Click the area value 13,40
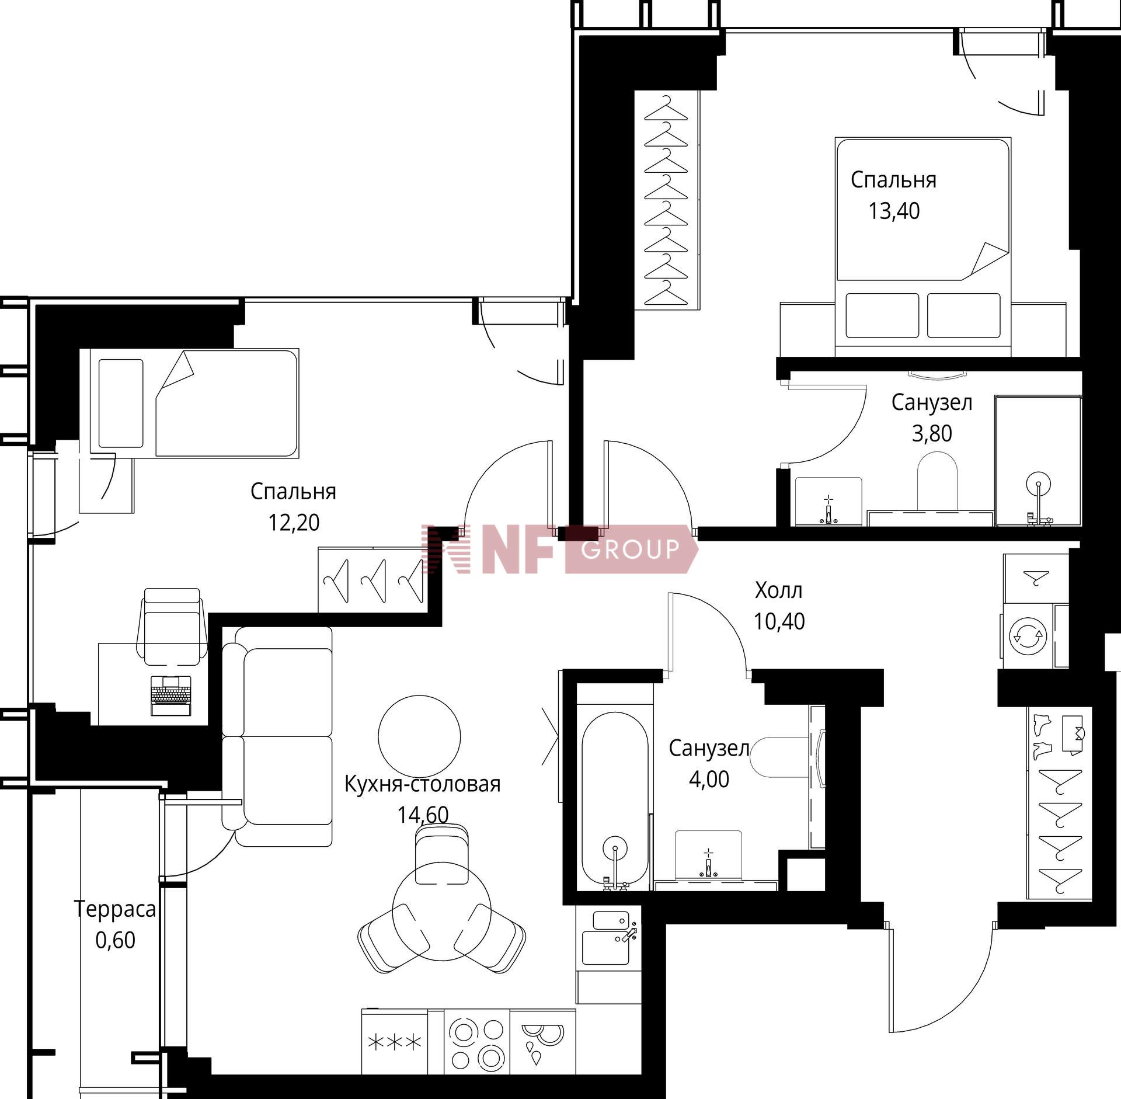[x=894, y=211]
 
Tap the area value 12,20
[x=294, y=522]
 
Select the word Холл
[x=779, y=590]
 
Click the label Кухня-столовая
[x=423, y=784]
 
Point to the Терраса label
[x=115, y=909]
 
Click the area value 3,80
[x=932, y=433]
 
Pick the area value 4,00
[x=709, y=780]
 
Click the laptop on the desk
[x=171, y=695]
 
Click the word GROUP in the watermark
[x=631, y=549]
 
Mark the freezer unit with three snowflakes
[x=394, y=1042]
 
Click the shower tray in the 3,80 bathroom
[x=1038, y=461]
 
